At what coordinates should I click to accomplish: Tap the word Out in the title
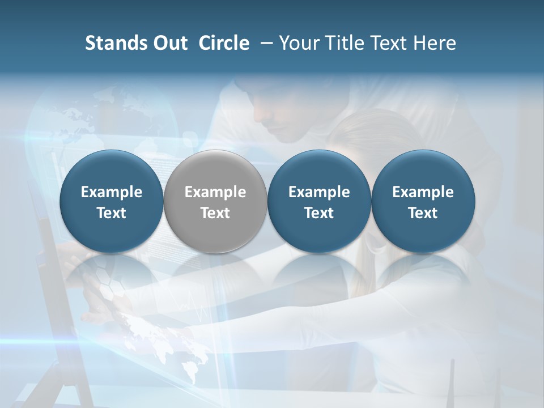[168, 43]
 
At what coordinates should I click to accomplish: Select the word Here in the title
[435, 43]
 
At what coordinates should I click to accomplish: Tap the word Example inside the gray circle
[215, 192]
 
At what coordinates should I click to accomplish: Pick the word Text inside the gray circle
[215, 213]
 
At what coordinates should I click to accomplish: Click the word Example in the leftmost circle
[112, 192]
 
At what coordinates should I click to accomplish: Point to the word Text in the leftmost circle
[112, 213]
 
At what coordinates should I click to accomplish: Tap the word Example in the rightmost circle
[423, 192]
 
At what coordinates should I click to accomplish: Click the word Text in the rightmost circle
[423, 213]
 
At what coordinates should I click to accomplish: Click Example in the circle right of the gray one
[319, 192]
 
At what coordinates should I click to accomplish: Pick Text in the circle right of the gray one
[319, 213]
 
